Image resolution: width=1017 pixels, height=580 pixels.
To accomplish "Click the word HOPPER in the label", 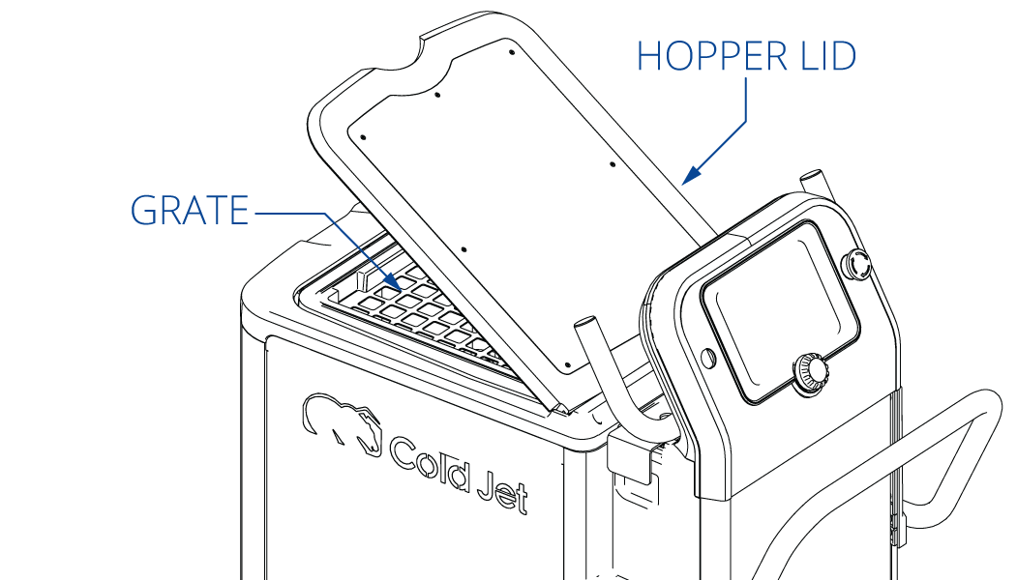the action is tap(712, 56).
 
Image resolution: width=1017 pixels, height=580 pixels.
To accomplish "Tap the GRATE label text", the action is tap(190, 210).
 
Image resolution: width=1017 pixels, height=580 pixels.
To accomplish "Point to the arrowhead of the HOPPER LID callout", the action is tap(692, 174).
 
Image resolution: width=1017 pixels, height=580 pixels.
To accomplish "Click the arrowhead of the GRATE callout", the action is tap(393, 282).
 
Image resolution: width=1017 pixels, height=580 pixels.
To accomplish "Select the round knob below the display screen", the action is tap(810, 372).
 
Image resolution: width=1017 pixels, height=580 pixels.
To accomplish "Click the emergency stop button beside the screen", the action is tap(856, 265).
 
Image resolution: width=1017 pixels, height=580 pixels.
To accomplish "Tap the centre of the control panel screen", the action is tap(780, 312).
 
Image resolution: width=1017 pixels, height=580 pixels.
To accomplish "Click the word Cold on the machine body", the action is tap(429, 461).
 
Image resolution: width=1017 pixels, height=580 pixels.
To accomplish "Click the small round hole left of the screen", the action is tap(708, 357).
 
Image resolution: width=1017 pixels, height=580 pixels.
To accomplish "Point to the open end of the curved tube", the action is tap(584, 322).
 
